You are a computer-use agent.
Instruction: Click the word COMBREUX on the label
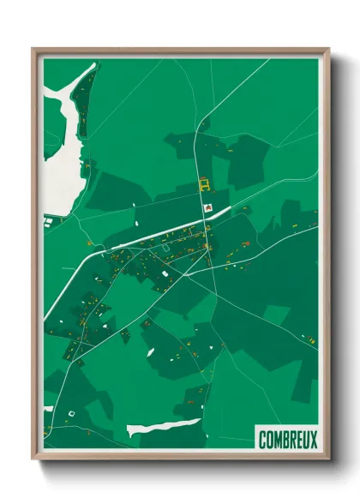click(287, 440)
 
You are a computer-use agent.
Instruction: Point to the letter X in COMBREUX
click(313, 440)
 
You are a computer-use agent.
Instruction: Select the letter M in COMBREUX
click(277, 440)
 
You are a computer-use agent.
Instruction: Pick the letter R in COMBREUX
click(291, 440)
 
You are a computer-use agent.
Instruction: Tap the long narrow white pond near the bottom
click(163, 426)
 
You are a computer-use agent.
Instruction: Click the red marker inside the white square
click(207, 207)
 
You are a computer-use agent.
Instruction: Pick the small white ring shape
click(72, 415)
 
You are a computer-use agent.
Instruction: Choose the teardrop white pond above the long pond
click(149, 352)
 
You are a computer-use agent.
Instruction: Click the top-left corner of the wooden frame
click(33, 49)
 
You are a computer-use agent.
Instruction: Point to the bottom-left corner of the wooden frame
click(33, 459)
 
